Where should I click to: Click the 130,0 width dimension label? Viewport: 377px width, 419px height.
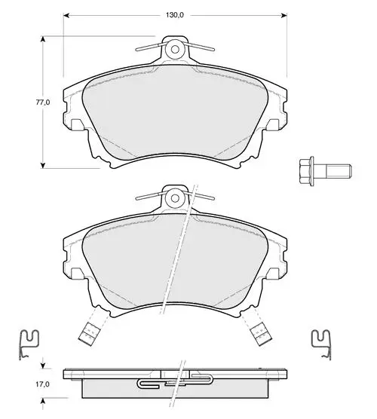coord(175,15)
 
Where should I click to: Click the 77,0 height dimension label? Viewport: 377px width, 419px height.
coord(43,102)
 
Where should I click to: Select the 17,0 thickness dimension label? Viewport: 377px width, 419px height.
coord(43,384)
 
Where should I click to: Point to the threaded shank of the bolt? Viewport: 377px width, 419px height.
coord(339,171)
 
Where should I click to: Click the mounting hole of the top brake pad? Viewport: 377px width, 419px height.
coord(175,50)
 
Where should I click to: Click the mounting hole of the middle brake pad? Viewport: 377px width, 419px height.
coord(175,198)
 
